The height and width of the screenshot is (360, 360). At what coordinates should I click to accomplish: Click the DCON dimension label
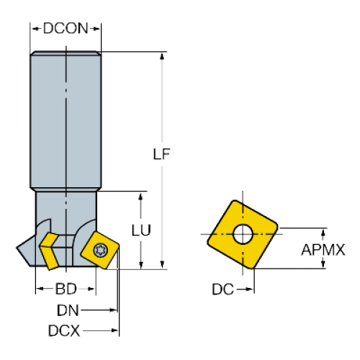66,28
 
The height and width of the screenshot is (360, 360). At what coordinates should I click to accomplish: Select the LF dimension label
161,154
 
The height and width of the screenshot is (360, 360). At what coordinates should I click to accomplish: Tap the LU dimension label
141,230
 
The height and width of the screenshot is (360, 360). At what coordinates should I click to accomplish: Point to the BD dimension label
66,289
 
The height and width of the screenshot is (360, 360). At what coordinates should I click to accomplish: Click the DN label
68,310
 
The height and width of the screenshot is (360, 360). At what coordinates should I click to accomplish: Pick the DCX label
64,330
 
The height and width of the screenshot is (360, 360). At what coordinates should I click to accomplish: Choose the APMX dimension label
323,250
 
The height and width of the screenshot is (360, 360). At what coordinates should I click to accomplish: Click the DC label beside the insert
222,289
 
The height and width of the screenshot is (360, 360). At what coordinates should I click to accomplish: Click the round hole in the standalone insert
243,234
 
